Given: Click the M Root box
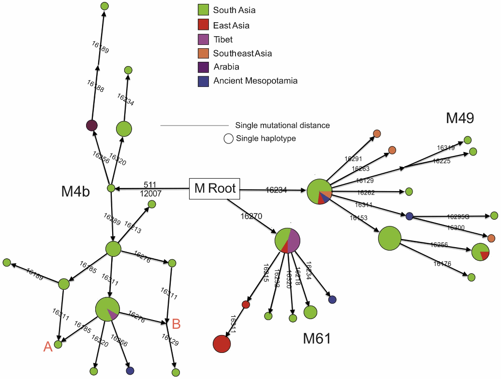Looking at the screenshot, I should pyautogui.click(x=215, y=188).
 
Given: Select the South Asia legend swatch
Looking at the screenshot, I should pyautogui.click(x=203, y=10).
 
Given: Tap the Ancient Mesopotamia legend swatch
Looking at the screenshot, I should pyautogui.click(x=203, y=81).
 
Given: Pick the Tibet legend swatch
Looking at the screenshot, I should pyautogui.click(x=203, y=39).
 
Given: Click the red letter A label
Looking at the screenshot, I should pyautogui.click(x=47, y=346).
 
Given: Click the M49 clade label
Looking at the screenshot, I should pyautogui.click(x=460, y=118).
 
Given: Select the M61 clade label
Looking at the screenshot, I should pyautogui.click(x=317, y=339).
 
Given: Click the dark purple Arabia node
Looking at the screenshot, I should pyautogui.click(x=92, y=126).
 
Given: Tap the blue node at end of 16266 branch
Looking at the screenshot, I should pyautogui.click(x=130, y=371).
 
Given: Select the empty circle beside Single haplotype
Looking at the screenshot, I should pyautogui.click(x=228, y=139).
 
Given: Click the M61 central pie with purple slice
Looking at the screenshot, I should pyautogui.click(x=288, y=239).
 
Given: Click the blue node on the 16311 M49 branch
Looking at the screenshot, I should pyautogui.click(x=409, y=216).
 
